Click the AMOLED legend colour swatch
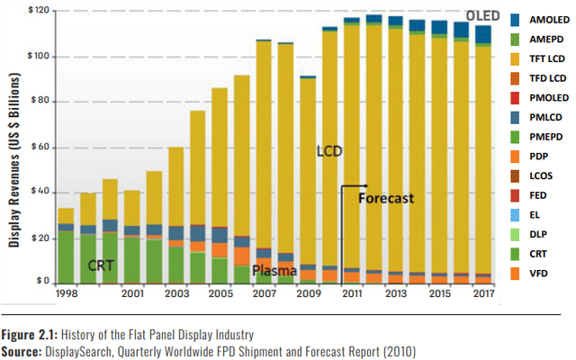513,19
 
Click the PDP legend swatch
513,156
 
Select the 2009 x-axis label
308,293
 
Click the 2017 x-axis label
483,293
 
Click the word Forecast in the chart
386,198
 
